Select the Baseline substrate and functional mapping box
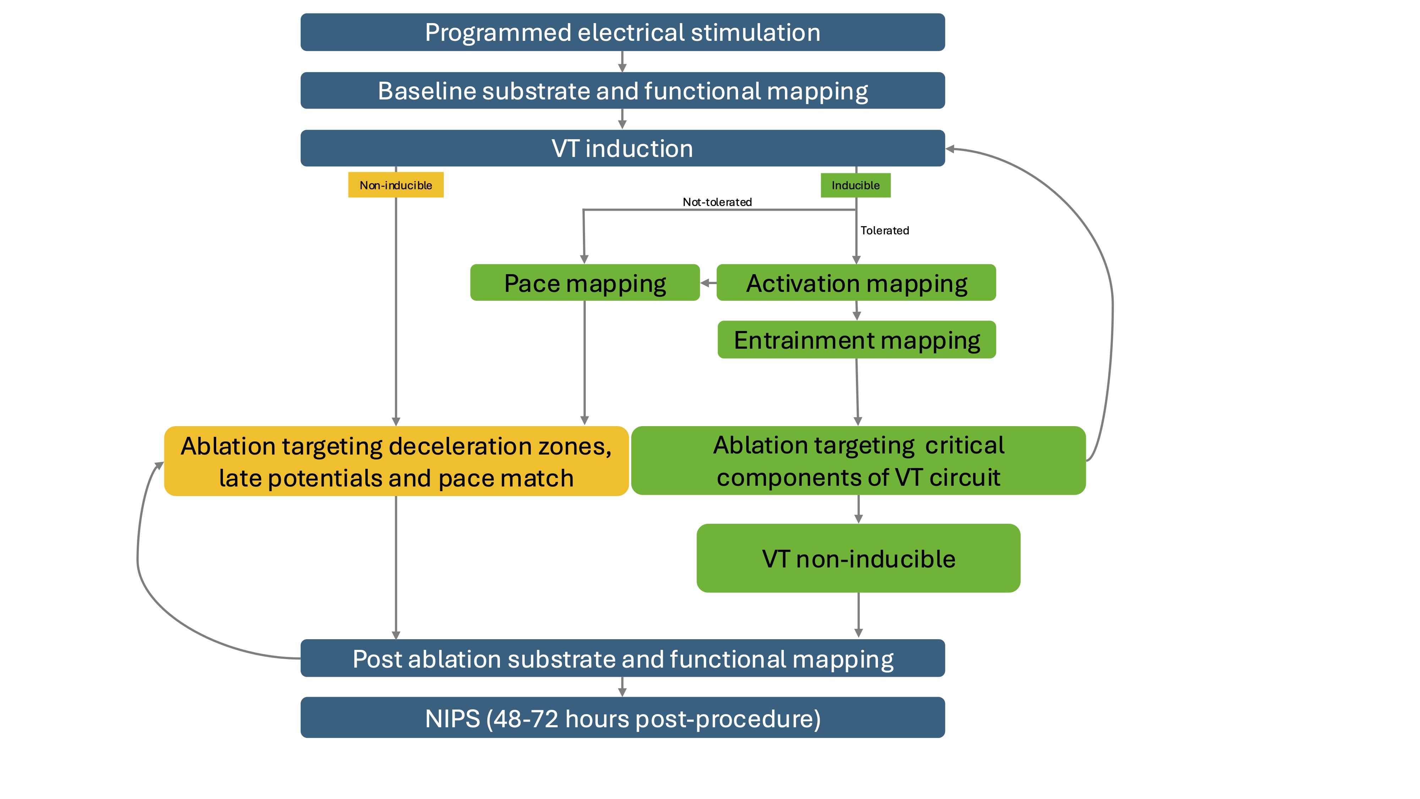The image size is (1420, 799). click(622, 91)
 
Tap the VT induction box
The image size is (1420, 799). click(622, 148)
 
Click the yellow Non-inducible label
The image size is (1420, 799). click(396, 185)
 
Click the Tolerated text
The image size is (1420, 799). click(884, 230)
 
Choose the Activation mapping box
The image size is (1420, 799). click(856, 283)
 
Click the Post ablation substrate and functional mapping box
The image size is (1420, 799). click(622, 658)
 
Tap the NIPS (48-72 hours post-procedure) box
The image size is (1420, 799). click(622, 718)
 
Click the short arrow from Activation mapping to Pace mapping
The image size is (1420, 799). click(708, 283)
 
